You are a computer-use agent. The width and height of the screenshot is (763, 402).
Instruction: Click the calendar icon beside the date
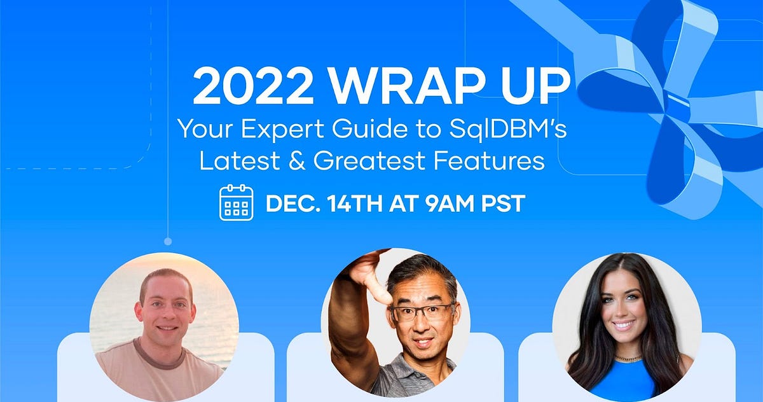pos(236,203)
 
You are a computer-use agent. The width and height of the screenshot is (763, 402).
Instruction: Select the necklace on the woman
pos(627,359)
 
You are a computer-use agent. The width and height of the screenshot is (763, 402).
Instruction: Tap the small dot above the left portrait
pos(168,242)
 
